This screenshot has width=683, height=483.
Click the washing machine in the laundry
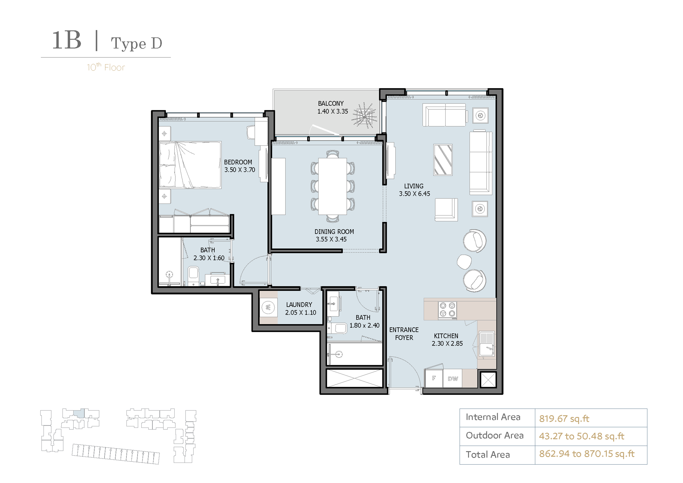tap(268, 308)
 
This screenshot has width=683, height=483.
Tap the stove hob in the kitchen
tap(447, 310)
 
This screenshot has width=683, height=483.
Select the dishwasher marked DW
tap(452, 378)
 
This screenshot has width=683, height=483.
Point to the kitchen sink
tap(486, 344)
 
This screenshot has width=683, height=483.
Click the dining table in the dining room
tap(332, 186)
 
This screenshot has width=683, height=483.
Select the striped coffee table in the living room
tap(443, 160)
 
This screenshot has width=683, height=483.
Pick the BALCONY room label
tap(331, 103)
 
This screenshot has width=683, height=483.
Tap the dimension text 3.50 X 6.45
tap(414, 194)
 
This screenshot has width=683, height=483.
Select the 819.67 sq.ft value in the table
tap(564, 419)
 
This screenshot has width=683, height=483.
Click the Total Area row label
tap(488, 455)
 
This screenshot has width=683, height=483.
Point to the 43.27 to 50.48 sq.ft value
tap(582, 436)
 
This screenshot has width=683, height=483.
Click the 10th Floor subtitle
tap(106, 67)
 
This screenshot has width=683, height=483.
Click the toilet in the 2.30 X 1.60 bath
tap(193, 275)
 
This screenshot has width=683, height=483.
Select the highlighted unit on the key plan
tap(79, 413)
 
